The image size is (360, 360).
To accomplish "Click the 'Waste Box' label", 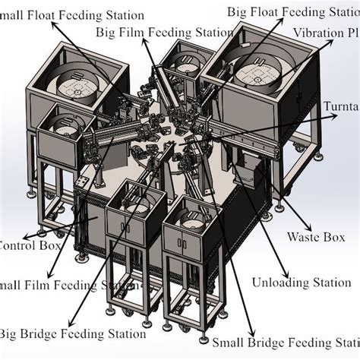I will [316, 237].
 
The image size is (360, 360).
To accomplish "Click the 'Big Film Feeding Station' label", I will [165, 32].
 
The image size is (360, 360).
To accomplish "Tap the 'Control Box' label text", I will [23, 245].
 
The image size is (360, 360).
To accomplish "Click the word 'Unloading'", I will [274, 283].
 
